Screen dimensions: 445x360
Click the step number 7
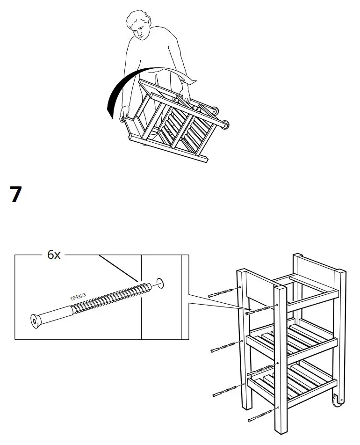point(16,195)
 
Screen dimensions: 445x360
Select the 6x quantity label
point(54,255)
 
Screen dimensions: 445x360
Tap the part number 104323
point(78,297)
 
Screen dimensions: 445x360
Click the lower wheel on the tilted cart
point(225,125)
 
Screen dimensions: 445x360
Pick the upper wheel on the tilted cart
point(214,111)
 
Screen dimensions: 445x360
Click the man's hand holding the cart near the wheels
point(186,99)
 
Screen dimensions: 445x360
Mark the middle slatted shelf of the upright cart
point(290,339)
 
